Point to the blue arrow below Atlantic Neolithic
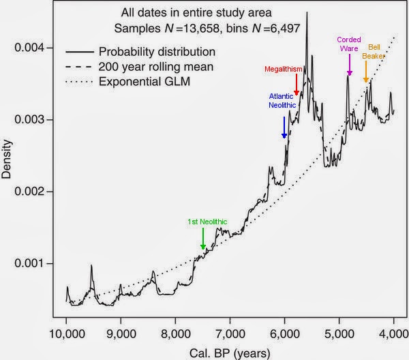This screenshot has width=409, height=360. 284,127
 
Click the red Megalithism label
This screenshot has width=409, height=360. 283,69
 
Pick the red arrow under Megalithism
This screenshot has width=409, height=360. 297,85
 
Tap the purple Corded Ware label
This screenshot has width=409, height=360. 349,44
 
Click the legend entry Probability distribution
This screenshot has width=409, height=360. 157,51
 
